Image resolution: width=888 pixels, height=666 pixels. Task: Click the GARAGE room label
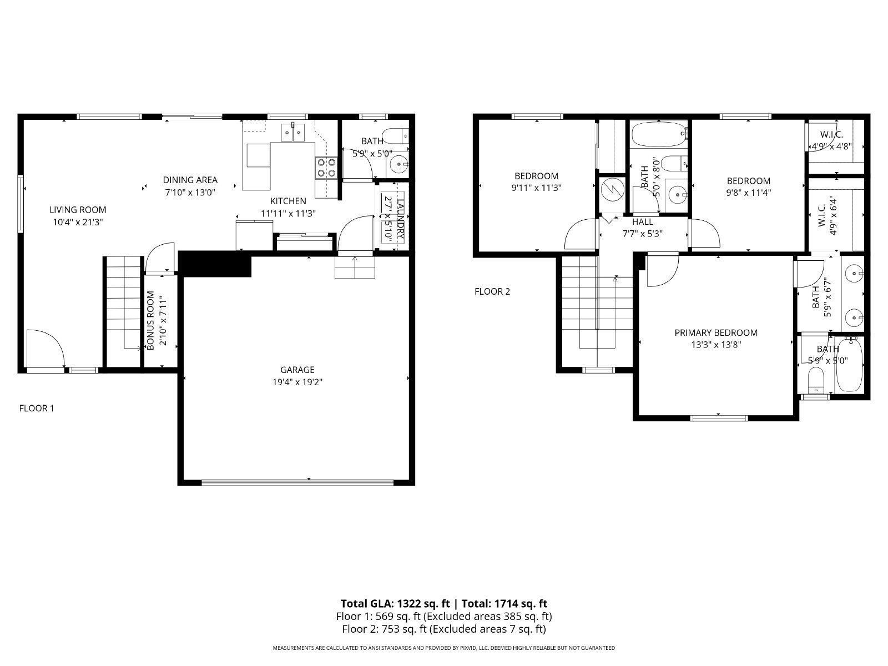coord(297,370)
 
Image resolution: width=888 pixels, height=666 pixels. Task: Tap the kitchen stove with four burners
coord(326,167)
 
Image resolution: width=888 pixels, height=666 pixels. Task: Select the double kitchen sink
coord(293,132)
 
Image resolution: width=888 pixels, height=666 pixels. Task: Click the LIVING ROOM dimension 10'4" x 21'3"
coord(78,221)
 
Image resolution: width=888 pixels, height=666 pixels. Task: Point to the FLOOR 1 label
coord(37,408)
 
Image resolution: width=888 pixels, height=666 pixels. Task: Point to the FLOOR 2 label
coord(492,291)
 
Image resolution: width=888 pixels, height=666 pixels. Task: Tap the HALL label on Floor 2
coord(642,222)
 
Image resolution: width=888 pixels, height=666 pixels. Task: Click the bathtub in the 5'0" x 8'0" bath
coord(658,134)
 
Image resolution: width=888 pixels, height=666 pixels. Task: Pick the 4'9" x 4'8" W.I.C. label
coord(831,134)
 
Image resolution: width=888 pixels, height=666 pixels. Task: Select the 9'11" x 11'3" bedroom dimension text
coord(536,188)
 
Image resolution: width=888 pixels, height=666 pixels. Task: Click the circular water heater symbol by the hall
coord(612,190)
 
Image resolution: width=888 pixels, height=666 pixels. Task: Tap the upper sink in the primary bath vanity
coord(854,273)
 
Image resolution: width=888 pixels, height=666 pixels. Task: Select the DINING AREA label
coord(190,180)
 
